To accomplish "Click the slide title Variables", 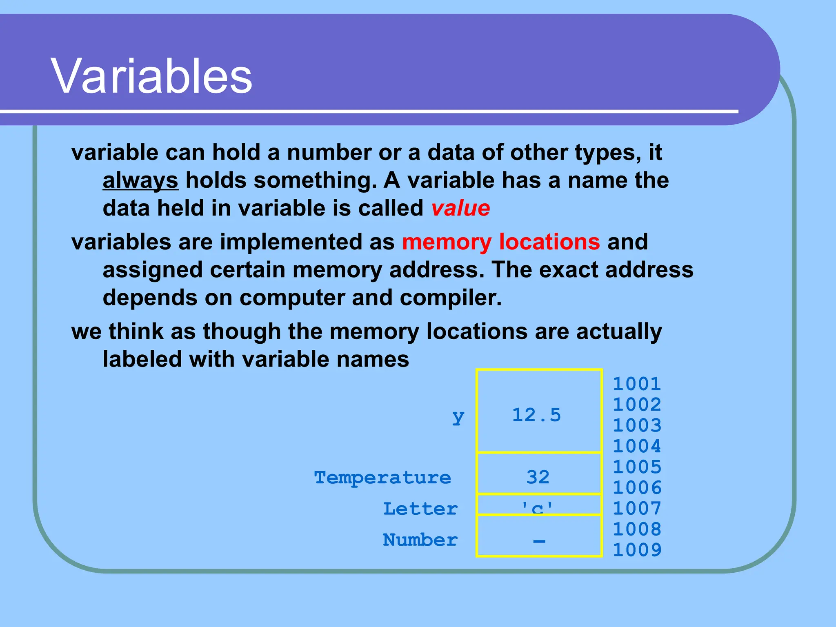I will click(x=151, y=76).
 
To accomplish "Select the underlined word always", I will click(x=140, y=180).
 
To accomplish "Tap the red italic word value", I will click(x=460, y=208).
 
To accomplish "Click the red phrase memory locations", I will click(x=501, y=242).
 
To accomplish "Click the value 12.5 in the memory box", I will click(x=536, y=415).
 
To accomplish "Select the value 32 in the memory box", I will click(x=538, y=477).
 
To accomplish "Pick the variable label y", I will click(x=458, y=416).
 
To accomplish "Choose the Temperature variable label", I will click(x=382, y=477).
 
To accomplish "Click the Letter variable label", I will click(x=420, y=509).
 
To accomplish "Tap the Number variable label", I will click(x=420, y=540).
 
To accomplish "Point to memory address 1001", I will click(x=636, y=384).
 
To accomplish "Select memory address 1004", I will click(x=636, y=446).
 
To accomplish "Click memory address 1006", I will click(x=636, y=487).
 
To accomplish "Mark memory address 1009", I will click(x=636, y=550).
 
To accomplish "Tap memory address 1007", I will click(x=636, y=508).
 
